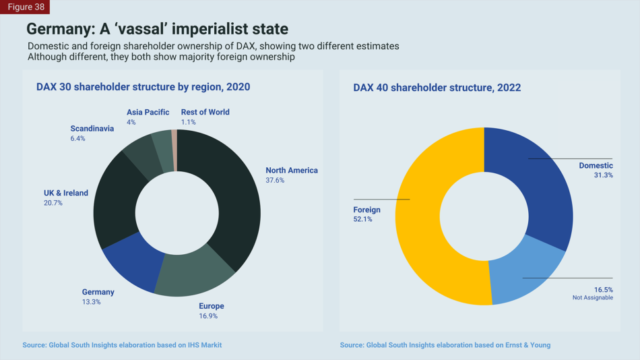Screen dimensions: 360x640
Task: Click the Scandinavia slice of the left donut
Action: pyautogui.click(x=140, y=155)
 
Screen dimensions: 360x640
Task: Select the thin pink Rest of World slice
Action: pyautogui.click(x=174, y=142)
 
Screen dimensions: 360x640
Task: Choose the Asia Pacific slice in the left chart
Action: pyautogui.click(x=162, y=144)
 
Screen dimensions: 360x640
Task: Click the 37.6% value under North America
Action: pyautogui.click(x=275, y=181)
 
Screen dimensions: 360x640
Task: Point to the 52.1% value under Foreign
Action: pyautogui.click(x=362, y=220)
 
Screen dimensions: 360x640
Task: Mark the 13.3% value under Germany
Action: pyautogui.click(x=92, y=302)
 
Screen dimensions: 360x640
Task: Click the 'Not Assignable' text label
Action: pyautogui.click(x=593, y=297)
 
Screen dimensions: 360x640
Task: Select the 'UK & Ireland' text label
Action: pyautogui.click(x=66, y=193)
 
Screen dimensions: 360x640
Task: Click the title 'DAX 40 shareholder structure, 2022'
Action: pyautogui.click(x=437, y=88)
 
